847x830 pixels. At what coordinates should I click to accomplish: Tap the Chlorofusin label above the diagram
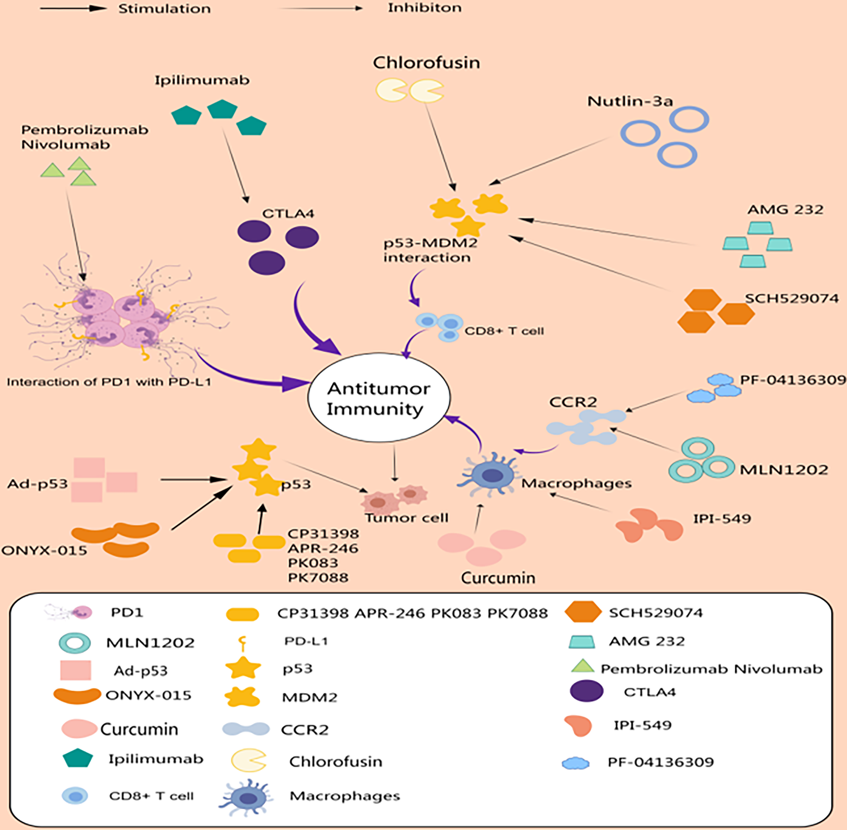(x=426, y=63)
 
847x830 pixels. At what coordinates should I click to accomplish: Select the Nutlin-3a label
(x=630, y=101)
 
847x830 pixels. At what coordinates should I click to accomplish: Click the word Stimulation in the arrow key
(x=164, y=9)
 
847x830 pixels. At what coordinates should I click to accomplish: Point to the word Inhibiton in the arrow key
(x=425, y=8)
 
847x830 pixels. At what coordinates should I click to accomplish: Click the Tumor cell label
(x=406, y=518)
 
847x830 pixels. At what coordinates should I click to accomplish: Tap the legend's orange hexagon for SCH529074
(x=583, y=612)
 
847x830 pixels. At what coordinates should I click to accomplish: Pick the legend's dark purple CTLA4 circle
(x=587, y=691)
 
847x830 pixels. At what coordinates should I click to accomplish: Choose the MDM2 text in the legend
(x=309, y=698)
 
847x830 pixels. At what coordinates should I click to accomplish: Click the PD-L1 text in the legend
(x=306, y=641)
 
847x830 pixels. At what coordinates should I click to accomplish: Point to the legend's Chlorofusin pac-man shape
(x=248, y=760)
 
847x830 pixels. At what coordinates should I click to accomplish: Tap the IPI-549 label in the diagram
(x=722, y=519)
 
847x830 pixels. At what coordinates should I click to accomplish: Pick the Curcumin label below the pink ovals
(x=498, y=578)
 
